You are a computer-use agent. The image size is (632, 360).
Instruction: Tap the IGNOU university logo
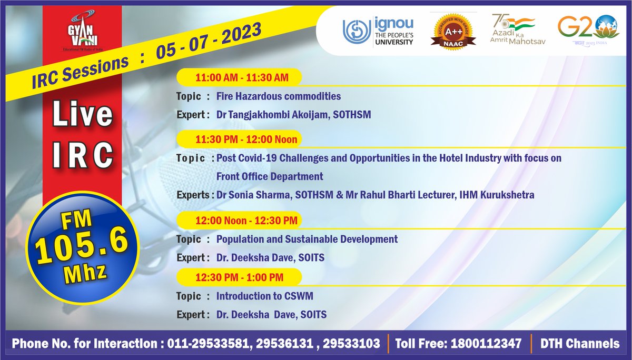coord(378,33)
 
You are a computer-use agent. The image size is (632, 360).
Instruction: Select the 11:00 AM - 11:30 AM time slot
coord(242,78)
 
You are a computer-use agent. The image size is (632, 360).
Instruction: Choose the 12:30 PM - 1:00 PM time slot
coord(240,277)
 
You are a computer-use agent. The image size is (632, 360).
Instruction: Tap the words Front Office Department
coord(270,176)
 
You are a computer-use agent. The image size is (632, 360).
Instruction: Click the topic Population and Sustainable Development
coord(307,239)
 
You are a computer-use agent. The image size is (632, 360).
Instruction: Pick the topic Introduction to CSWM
coord(265,296)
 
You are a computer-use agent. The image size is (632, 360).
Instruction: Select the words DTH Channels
coord(580,344)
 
